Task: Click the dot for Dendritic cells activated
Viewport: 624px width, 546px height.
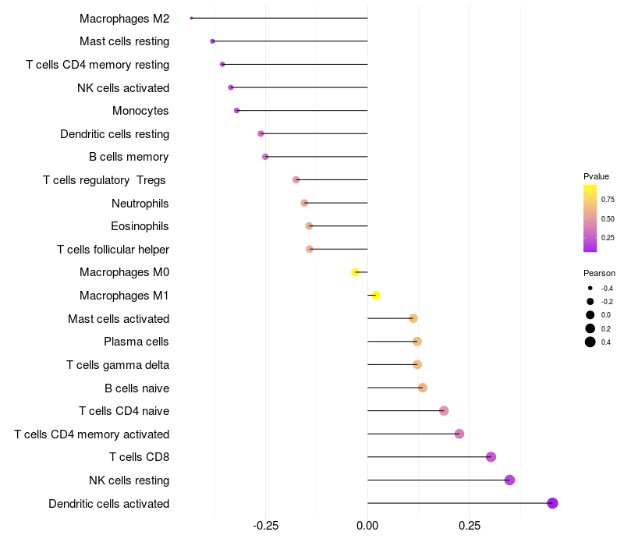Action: tap(552, 503)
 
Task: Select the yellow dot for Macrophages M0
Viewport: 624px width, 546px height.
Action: tap(356, 272)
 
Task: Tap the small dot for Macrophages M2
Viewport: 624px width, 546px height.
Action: tap(191, 18)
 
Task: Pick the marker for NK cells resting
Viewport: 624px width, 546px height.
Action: tap(509, 480)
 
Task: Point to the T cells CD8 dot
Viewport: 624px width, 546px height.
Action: tap(491, 457)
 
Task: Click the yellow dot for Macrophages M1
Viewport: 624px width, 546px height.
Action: tap(376, 296)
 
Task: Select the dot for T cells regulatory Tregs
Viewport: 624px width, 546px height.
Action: tap(296, 180)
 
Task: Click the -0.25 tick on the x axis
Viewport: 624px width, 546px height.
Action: tap(265, 526)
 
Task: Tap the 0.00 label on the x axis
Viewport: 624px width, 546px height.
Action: tap(367, 526)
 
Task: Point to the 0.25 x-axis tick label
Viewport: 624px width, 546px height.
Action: tap(470, 526)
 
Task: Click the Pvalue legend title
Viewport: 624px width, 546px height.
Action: tap(596, 176)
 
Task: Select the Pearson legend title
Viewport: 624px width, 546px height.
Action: tap(599, 273)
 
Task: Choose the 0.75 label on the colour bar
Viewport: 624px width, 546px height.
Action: tap(608, 200)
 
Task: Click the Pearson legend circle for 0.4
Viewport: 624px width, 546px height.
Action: tap(590, 342)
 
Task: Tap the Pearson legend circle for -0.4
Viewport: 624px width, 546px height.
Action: tap(590, 289)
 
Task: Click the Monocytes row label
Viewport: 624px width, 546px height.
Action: tap(140, 111)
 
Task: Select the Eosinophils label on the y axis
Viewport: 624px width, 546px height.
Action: tap(140, 226)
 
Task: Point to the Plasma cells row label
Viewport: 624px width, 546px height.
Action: tap(136, 342)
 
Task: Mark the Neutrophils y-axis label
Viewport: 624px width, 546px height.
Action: tap(140, 204)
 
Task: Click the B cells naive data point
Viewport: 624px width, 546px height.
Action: tap(422, 388)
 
